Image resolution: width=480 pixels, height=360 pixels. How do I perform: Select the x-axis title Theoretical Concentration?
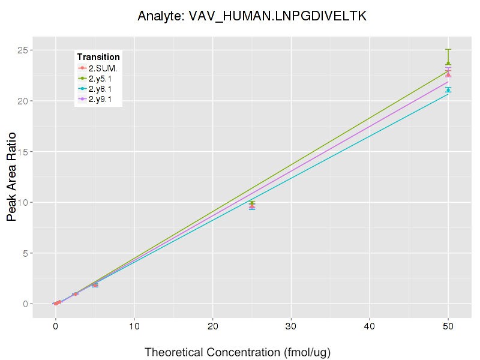pos(238,352)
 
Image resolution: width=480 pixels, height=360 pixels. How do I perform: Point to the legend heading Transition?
pos(98,57)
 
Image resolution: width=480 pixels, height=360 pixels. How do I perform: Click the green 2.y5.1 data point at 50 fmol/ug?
pos(448,64)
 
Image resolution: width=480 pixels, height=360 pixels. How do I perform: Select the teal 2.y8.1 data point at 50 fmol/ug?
pos(448,90)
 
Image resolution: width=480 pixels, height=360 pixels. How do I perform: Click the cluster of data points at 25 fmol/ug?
pos(252,205)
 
